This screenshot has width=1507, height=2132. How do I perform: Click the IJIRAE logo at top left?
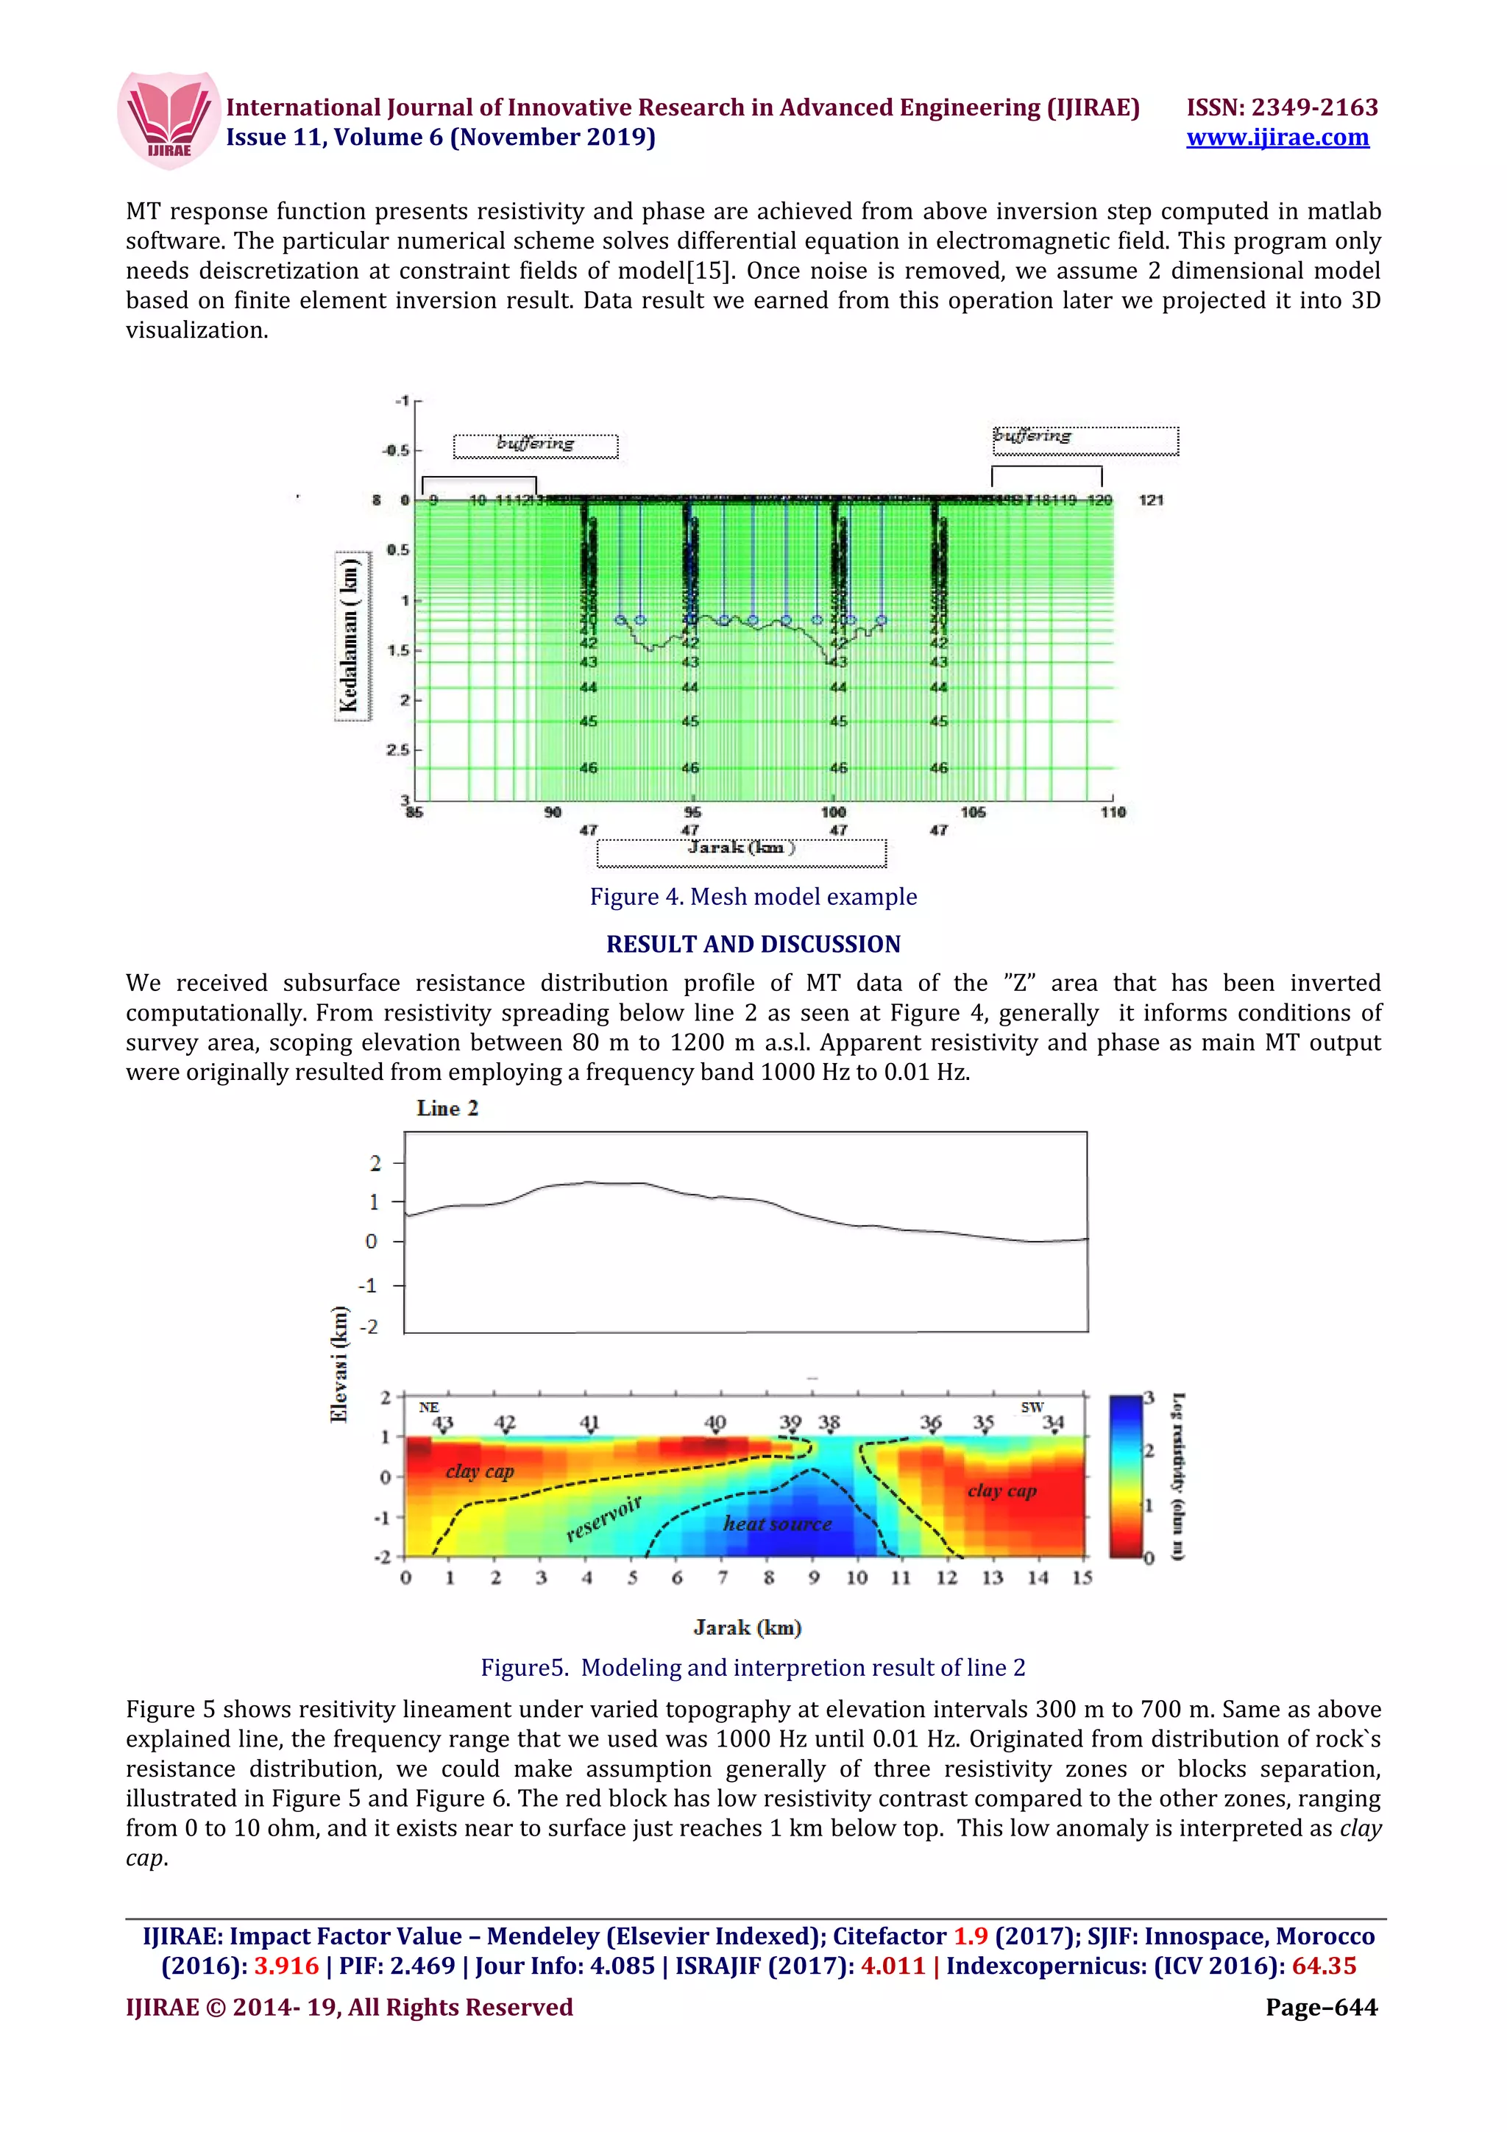[x=168, y=121]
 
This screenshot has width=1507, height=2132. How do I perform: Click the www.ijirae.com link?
[x=1277, y=138]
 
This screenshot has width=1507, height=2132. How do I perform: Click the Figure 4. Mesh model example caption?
[x=753, y=896]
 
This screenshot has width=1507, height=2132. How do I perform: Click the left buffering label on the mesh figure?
[x=535, y=445]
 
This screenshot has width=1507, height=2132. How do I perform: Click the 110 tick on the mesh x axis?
[x=1113, y=811]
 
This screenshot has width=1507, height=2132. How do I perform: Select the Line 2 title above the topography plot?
[x=447, y=1108]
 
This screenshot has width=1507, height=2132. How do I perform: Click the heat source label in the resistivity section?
[x=777, y=1523]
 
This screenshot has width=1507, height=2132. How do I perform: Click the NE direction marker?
[x=428, y=1407]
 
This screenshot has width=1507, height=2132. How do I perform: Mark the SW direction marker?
[x=1032, y=1407]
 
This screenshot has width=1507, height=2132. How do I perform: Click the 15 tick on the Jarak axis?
[x=1082, y=1577]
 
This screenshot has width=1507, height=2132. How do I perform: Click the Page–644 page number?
[x=1322, y=2007]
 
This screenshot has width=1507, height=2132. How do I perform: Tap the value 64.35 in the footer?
[x=1323, y=1966]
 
